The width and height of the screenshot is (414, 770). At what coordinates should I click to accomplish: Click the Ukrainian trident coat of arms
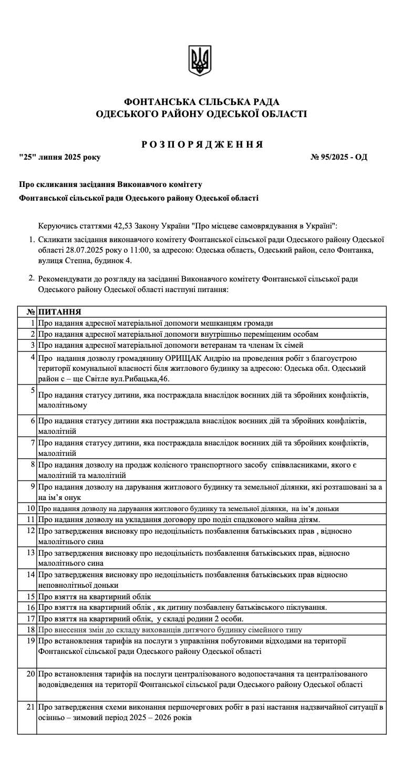[200, 60]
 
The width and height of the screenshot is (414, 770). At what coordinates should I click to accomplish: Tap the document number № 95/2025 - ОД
[339, 157]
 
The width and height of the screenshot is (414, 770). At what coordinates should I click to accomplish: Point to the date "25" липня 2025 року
[59, 157]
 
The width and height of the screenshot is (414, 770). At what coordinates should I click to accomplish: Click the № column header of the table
[31, 312]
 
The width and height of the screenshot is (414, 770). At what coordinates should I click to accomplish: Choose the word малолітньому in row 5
[63, 405]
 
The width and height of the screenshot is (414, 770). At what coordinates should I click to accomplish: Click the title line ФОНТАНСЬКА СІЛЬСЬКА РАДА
[202, 101]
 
